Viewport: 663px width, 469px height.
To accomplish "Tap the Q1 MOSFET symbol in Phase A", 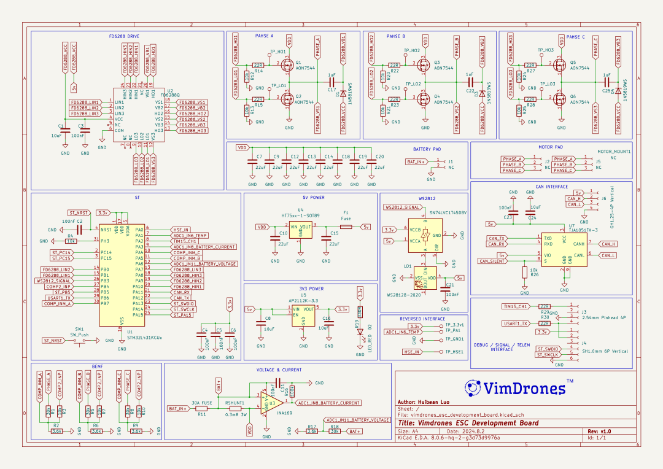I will (287, 64).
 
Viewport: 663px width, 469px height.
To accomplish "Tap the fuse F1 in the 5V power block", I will (346, 227).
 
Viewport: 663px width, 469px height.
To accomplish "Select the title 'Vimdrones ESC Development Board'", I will (468, 423).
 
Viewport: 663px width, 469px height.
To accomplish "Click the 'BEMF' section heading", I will (98, 366).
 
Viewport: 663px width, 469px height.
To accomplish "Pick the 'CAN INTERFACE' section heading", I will (552, 187).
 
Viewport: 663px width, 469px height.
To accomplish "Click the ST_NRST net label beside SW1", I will (53, 339).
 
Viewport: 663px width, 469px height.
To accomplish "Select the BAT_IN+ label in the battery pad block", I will (416, 162).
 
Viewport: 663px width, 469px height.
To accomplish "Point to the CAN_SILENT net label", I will (492, 261).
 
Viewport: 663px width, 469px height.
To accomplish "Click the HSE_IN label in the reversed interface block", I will (411, 352).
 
